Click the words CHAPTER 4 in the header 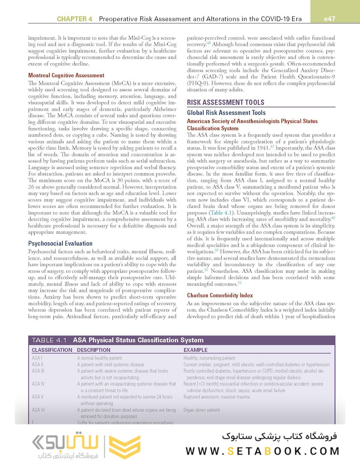[74, 19]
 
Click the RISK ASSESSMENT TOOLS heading [226, 102]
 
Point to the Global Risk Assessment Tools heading [226, 113]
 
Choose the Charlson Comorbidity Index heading [220, 295]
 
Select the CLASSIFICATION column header [52, 350]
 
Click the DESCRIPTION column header [93, 350]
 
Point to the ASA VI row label [38, 410]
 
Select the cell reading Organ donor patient [201, 410]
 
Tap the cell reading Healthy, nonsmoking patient [209, 358]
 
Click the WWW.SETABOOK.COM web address [263, 451]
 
